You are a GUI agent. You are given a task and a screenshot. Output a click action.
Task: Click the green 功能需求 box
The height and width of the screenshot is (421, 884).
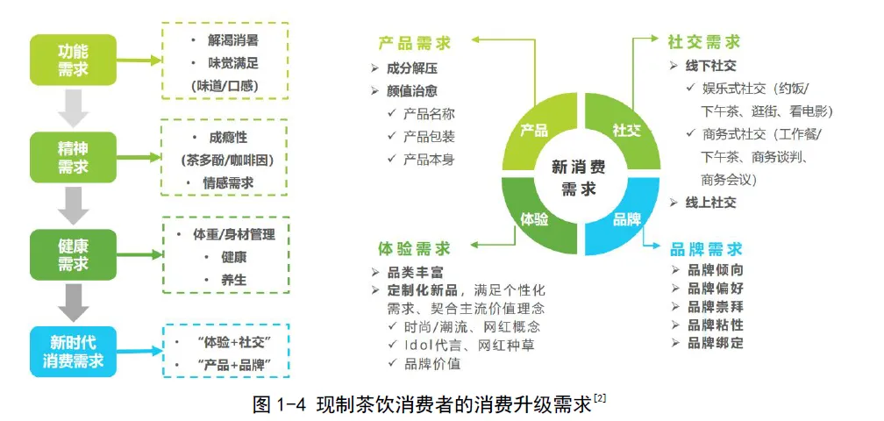[73, 60]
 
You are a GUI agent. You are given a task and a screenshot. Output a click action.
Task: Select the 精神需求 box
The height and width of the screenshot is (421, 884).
[73, 157]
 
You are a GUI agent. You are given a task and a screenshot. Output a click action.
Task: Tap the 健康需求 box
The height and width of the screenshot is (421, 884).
[73, 254]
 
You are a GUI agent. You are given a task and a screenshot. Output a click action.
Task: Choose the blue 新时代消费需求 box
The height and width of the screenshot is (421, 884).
[73, 351]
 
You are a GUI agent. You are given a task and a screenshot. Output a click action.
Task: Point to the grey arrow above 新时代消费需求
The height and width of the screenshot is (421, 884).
[74, 303]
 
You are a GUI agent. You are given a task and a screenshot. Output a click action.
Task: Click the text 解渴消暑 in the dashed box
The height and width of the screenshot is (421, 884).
[233, 40]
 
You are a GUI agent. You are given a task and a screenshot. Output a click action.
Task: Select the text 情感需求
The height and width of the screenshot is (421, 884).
[228, 182]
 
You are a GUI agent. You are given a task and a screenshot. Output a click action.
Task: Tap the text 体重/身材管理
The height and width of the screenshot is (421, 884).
[233, 234]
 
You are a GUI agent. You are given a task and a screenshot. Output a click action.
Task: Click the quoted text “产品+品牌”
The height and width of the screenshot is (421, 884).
[233, 365]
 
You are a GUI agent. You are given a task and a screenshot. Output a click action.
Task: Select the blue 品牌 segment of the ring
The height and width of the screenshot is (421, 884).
[623, 217]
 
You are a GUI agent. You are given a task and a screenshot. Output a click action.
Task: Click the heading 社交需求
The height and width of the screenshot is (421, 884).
[703, 42]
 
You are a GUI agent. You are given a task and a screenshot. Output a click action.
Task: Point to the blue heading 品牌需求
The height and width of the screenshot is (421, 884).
[707, 249]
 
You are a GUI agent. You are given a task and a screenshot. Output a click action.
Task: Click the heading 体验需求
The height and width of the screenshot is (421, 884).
[414, 248]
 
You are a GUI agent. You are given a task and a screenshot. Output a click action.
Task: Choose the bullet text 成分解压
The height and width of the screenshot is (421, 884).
[412, 68]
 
